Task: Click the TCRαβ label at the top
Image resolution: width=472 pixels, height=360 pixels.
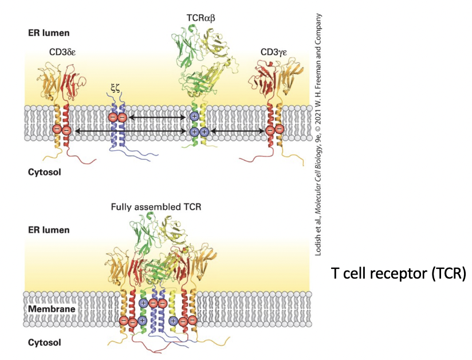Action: (199, 18)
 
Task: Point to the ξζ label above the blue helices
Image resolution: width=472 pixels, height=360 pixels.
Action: (115, 88)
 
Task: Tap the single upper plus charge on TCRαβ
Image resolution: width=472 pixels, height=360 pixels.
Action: (194, 117)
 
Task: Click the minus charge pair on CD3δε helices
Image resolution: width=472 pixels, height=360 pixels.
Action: (62, 130)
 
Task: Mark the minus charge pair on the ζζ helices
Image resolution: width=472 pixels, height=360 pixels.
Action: (117, 118)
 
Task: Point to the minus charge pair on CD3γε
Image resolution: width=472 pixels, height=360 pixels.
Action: (274, 130)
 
